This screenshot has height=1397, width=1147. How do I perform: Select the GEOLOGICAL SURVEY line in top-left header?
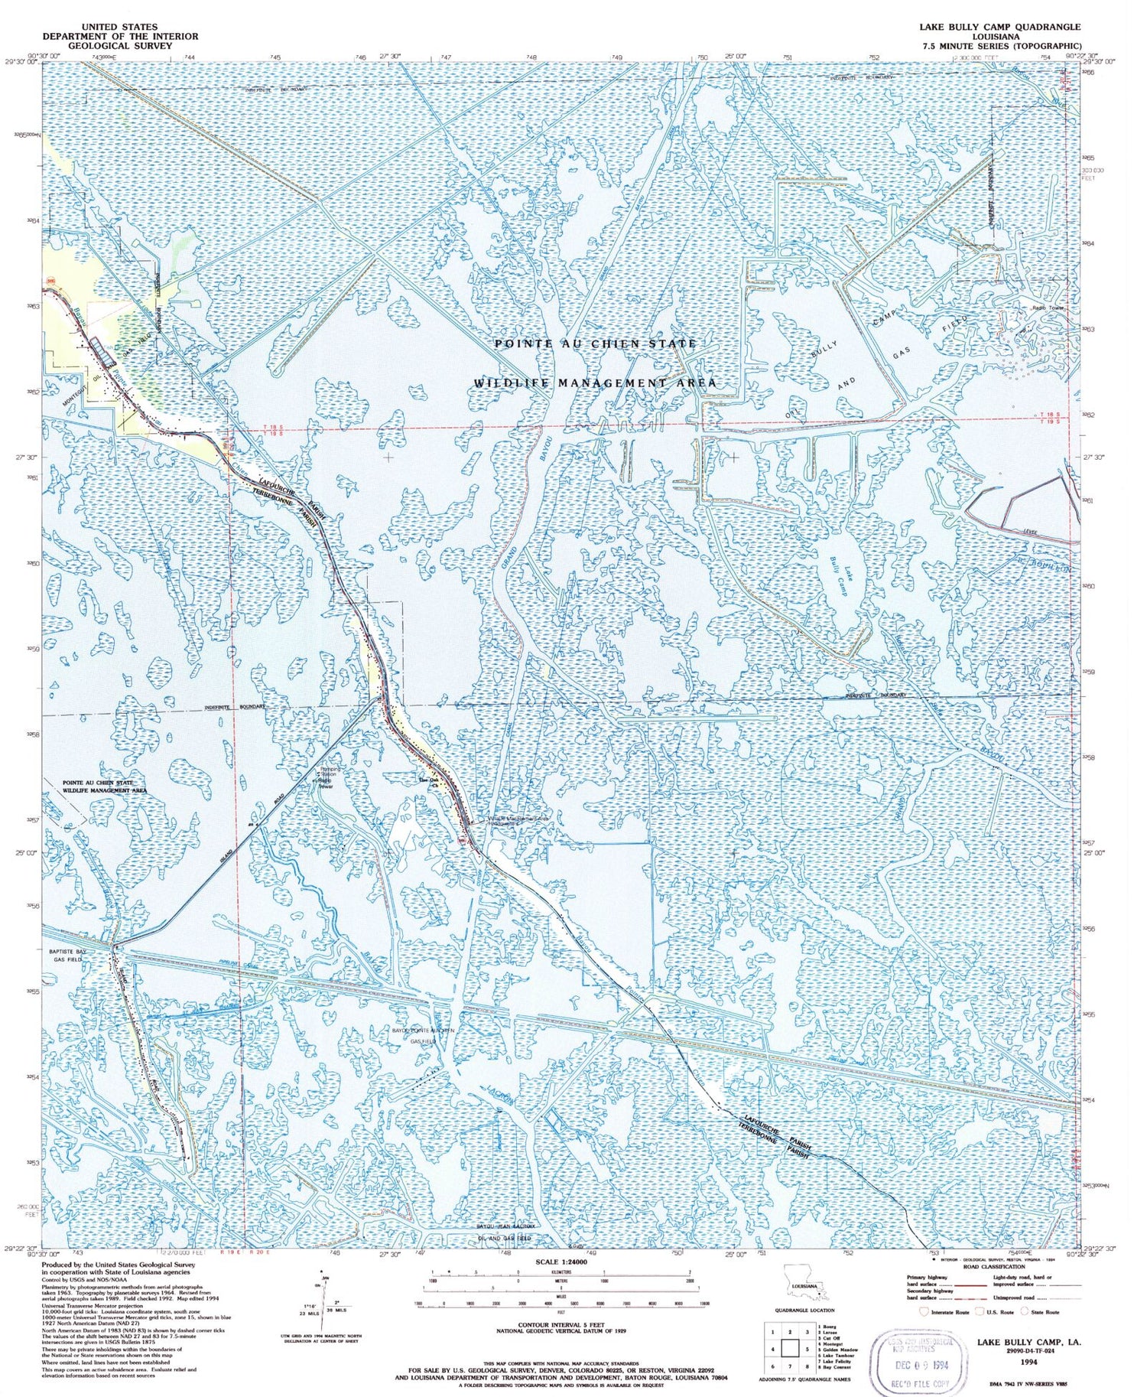pos(120,46)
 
